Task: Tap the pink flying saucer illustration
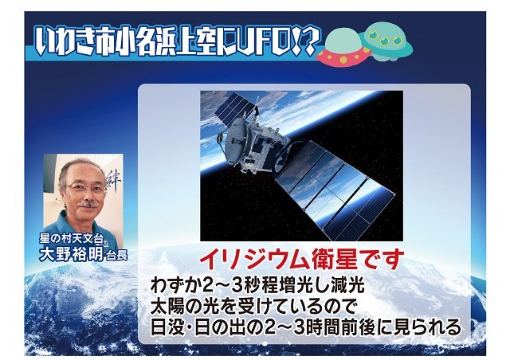click(343, 49)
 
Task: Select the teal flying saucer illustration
click(387, 41)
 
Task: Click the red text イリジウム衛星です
click(301, 260)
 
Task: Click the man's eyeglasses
click(86, 188)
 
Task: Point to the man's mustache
click(88, 204)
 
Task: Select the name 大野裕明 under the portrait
click(71, 253)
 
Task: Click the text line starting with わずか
click(257, 285)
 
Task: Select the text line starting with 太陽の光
click(253, 307)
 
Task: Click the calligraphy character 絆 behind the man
click(113, 180)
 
